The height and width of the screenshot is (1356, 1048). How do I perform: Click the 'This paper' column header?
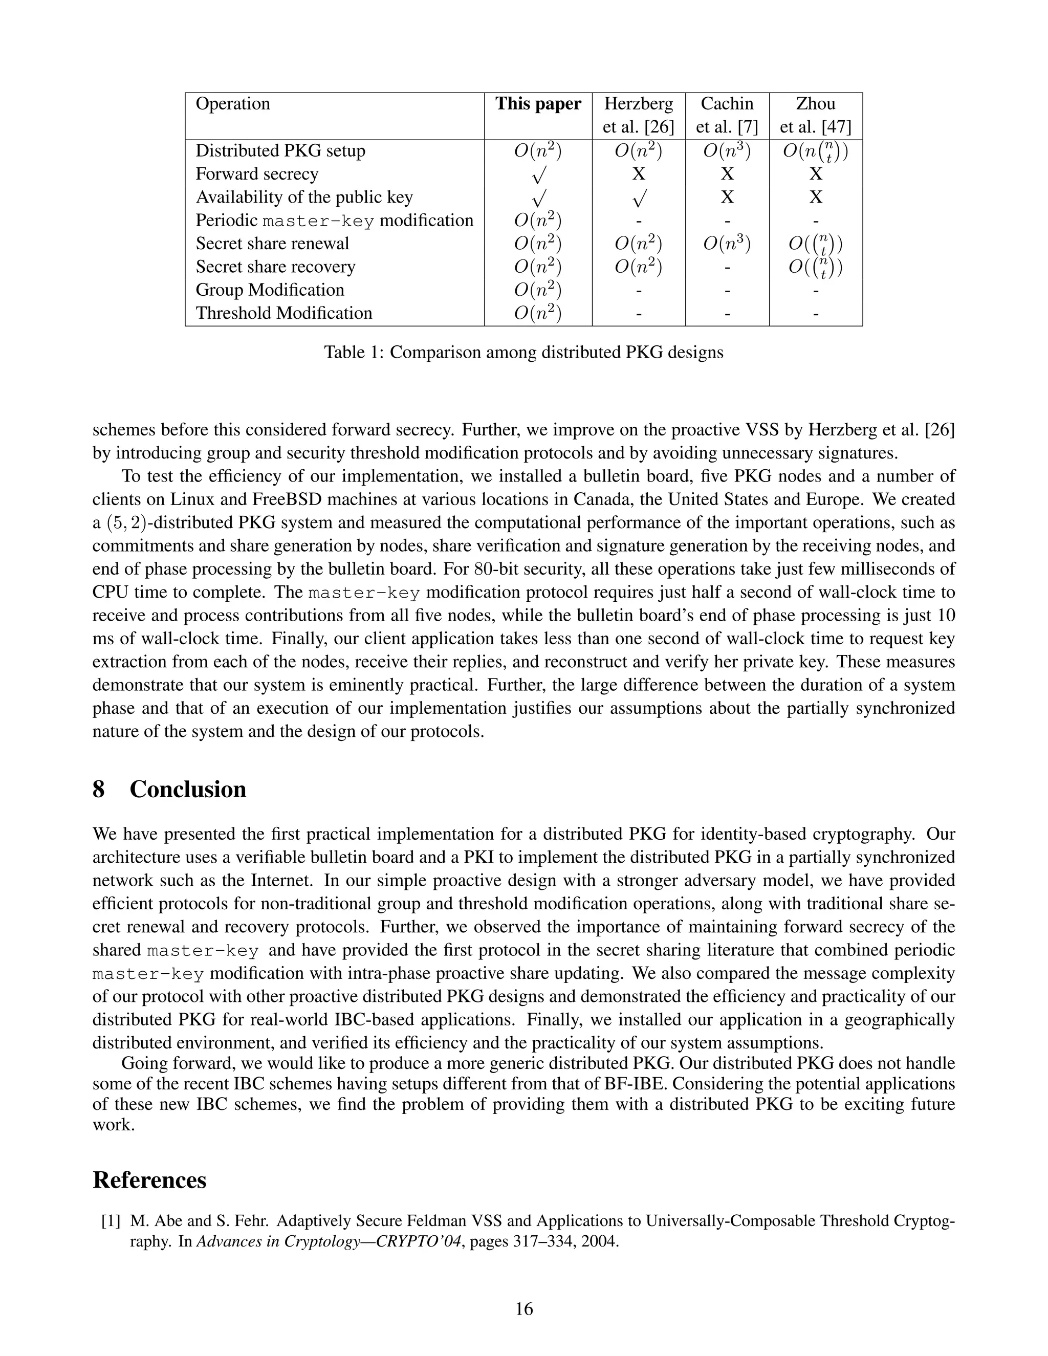(x=538, y=104)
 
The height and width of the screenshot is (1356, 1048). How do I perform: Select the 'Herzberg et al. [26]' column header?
(x=638, y=116)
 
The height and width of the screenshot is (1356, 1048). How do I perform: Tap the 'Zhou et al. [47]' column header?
(x=815, y=116)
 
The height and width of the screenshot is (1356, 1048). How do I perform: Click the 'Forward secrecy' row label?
(x=257, y=174)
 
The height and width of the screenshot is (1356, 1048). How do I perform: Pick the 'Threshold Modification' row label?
(x=283, y=313)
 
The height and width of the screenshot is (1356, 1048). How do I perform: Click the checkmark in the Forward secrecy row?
(x=538, y=176)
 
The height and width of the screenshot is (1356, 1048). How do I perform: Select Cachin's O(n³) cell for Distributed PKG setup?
(x=727, y=151)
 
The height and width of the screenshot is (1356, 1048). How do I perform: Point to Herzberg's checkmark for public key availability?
(x=639, y=199)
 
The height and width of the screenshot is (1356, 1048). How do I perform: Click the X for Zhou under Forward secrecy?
(x=815, y=174)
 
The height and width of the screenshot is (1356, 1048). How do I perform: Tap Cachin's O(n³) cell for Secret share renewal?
(x=727, y=244)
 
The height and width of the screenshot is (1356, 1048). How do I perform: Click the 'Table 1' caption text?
(x=523, y=353)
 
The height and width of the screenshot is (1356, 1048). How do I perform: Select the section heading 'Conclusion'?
(x=187, y=790)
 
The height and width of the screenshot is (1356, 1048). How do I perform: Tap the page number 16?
(x=524, y=1309)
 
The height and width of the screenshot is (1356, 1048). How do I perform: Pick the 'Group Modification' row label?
(x=270, y=290)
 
